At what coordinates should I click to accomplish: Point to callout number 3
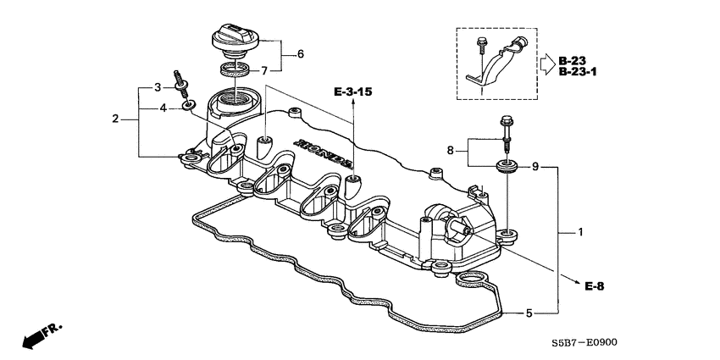pyautogui.click(x=156, y=87)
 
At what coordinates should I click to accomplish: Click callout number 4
pyautogui.click(x=156, y=108)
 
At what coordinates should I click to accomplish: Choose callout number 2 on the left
pyautogui.click(x=116, y=119)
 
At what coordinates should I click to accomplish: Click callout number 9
pyautogui.click(x=535, y=167)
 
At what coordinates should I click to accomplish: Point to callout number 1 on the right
pyautogui.click(x=580, y=231)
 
